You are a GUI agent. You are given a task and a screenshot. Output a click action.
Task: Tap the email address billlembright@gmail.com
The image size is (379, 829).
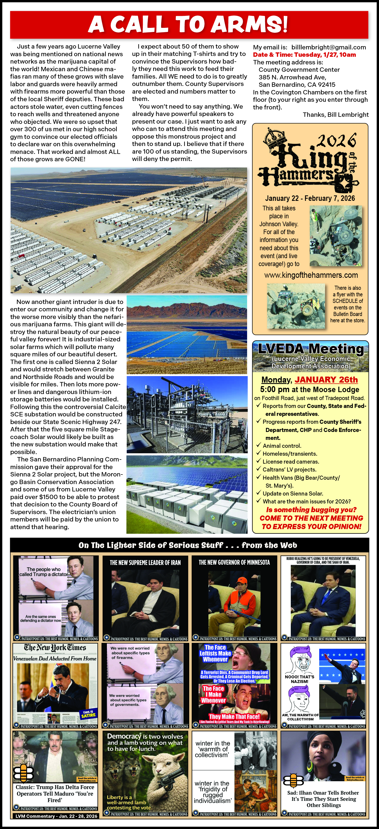coord(328,47)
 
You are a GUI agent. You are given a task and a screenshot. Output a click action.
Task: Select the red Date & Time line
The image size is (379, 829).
coord(304,55)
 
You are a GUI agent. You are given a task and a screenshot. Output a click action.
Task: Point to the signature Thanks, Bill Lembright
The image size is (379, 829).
coord(336,115)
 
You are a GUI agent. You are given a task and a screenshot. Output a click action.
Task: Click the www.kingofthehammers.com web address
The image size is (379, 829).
coord(311,275)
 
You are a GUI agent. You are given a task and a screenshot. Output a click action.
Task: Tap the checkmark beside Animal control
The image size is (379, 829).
coord(258,445)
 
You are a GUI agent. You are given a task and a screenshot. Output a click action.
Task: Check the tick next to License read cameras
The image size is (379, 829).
coord(258,461)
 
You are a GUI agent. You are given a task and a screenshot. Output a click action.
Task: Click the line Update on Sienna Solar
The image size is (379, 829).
coord(292,494)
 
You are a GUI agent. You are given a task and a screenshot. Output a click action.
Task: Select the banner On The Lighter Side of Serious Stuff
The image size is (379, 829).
coord(188,545)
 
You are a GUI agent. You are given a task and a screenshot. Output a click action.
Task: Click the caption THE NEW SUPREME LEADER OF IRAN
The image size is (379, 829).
coord(145,563)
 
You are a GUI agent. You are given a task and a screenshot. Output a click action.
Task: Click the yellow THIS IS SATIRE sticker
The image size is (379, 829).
coord(88,714)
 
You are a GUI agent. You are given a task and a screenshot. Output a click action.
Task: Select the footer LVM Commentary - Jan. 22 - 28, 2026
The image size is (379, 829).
coord(56,816)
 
